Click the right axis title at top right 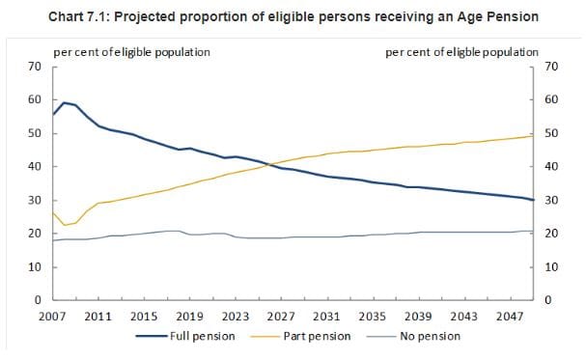(461, 51)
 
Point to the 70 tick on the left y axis (34, 67)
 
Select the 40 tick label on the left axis (34, 167)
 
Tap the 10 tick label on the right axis (552, 267)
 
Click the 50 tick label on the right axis (552, 133)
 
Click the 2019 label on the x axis (189, 316)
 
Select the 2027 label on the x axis (281, 316)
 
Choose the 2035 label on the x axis (372, 316)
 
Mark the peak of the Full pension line (64, 102)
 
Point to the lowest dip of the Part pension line (64, 225)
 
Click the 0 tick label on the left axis (37, 301)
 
